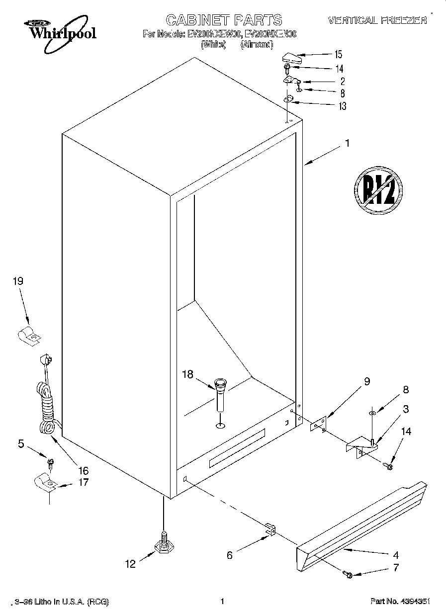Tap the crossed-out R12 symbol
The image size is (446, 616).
coord(378,189)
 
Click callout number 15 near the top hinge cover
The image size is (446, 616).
coord(339,54)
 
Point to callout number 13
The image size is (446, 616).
coord(342,106)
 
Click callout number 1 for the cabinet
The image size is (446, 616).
coord(347,144)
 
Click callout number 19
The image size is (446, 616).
coord(18,281)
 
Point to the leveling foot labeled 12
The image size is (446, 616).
coord(163,545)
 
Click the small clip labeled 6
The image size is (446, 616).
coord(269,530)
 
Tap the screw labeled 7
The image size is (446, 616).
coord(348,575)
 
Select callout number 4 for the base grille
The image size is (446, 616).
coord(396,555)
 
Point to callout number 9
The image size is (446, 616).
coord(367,382)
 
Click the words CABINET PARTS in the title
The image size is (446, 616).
coord(224,20)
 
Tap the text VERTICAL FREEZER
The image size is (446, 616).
coord(377,20)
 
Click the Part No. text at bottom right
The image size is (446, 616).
coord(400,602)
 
